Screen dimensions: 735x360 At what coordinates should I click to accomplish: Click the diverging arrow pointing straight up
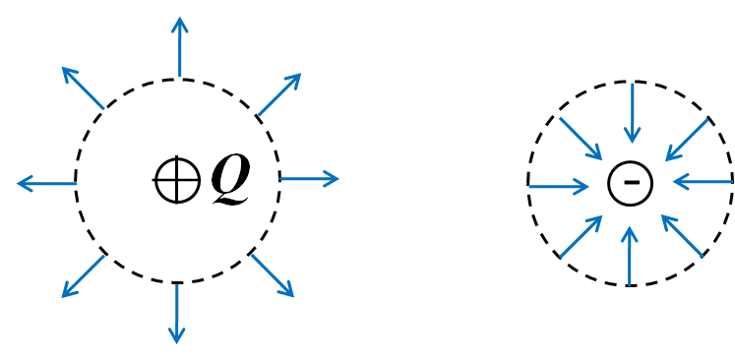179,47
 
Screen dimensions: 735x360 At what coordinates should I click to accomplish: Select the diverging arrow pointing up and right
279,94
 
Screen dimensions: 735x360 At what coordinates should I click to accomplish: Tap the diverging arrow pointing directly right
309,179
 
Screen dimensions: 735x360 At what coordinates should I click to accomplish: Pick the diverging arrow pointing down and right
273,275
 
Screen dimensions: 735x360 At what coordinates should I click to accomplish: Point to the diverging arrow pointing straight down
177,314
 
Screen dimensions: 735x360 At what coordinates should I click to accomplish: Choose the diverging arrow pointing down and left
83,275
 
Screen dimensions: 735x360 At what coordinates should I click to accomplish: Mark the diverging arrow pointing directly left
46,184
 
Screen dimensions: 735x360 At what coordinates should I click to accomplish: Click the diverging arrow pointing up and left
83,88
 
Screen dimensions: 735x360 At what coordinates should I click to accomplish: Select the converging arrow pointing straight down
633,112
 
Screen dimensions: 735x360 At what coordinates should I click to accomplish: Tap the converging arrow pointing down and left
687,140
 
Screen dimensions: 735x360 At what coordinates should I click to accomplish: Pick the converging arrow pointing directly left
703,182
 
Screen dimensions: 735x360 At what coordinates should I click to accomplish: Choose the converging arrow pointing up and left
682,236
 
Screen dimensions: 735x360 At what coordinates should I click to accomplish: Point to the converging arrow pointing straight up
630,256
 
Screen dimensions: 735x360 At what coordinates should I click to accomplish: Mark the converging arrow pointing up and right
581,237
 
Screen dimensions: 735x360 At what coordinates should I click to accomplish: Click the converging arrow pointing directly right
559,186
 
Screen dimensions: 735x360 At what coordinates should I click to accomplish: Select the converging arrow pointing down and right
581,139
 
